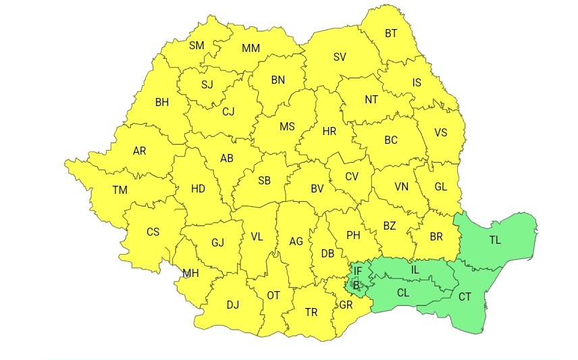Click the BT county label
(392, 33)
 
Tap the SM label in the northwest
(196, 46)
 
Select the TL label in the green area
(496, 239)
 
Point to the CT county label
(465, 297)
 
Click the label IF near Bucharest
(359, 272)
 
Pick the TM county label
(120, 190)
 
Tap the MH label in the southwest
(190, 274)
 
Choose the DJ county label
(233, 305)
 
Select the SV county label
(340, 57)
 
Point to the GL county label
(441, 187)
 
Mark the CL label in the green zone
(403, 293)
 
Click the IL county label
(415, 270)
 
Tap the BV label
(317, 189)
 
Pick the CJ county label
(228, 112)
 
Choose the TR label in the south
(311, 312)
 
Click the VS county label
(441, 132)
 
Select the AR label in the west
(140, 151)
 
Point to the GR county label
(346, 305)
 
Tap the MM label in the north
(251, 49)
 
